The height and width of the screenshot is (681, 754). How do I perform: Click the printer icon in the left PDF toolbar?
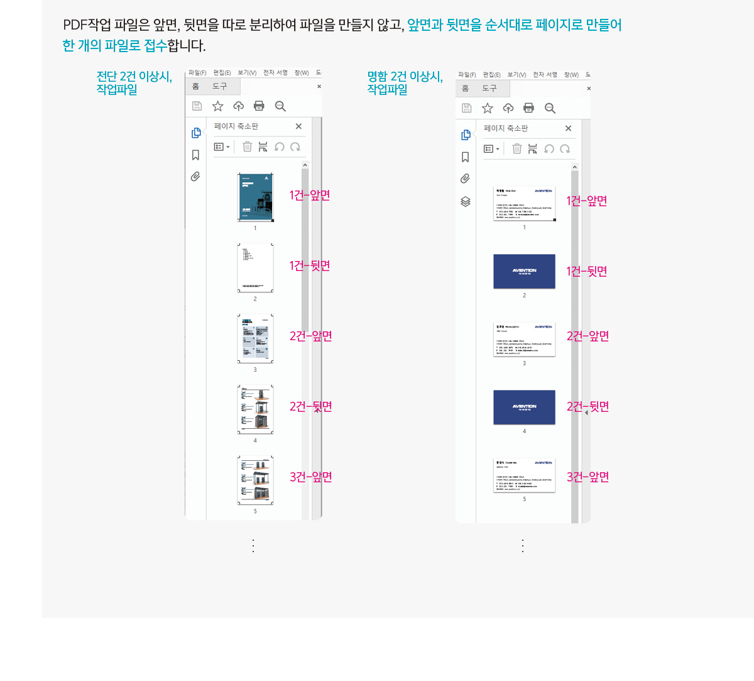(259, 106)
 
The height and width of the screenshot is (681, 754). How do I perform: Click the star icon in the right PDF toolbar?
(488, 108)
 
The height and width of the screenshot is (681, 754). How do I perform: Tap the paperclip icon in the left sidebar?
(195, 177)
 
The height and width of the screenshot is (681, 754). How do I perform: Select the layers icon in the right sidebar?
(466, 202)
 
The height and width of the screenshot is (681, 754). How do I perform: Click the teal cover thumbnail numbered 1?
(255, 197)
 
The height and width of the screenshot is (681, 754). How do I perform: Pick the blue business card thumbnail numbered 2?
(524, 272)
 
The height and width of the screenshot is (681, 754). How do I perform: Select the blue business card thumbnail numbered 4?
(524, 407)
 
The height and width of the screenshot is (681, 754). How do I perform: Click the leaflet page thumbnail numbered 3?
(255, 339)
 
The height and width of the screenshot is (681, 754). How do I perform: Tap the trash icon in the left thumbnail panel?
(248, 147)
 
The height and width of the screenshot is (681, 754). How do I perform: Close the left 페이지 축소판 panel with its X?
(298, 126)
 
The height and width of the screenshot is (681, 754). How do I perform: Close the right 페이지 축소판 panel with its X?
(568, 128)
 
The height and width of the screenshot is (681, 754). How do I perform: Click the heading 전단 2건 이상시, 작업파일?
(134, 82)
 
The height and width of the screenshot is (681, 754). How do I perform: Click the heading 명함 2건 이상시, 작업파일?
(405, 82)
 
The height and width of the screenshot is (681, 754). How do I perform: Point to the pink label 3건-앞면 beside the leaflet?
(310, 477)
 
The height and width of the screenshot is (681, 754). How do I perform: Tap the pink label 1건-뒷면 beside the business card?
(586, 272)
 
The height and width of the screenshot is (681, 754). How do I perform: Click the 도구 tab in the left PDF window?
(219, 86)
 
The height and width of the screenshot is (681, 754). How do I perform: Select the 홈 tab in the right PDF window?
(465, 89)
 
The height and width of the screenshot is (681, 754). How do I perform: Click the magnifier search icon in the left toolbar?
(280, 106)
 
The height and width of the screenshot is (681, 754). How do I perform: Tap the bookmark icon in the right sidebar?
(466, 157)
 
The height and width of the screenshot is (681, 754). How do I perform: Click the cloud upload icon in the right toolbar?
(508, 108)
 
